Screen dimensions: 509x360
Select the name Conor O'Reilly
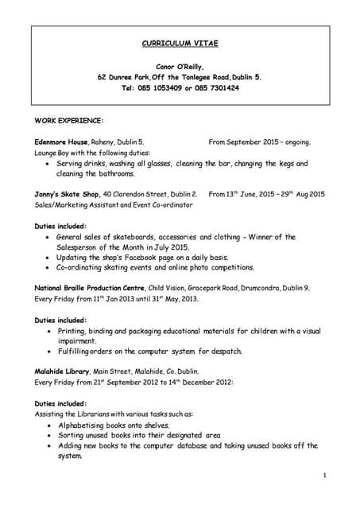[180, 67]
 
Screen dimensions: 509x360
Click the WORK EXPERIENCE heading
[69, 120]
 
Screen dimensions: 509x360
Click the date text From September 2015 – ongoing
[259, 142]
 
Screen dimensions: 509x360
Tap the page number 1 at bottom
[325, 475]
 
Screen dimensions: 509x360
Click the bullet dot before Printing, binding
[51, 331]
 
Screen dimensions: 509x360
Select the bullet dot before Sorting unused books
[51, 436]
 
